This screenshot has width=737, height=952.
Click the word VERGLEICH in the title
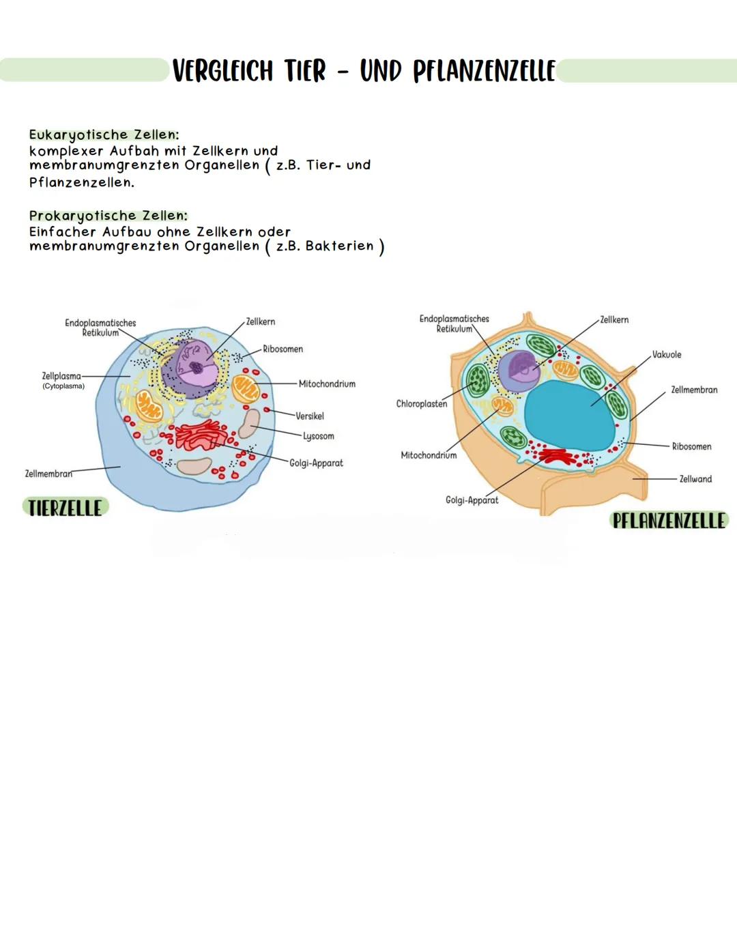(222, 70)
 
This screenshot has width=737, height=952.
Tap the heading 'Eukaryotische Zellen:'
(104, 134)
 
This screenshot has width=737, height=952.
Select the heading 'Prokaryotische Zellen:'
(108, 216)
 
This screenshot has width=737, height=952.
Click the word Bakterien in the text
(339, 246)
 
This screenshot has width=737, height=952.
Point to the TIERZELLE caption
(66, 508)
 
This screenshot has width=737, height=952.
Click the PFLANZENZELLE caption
(669, 521)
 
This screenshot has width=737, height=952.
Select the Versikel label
(310, 416)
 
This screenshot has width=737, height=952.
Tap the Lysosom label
(319, 436)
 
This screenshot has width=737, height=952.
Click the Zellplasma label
(61, 376)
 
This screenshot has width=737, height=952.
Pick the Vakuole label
(667, 355)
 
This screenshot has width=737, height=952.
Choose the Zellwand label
(695, 479)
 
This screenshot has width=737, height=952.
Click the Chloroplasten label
(422, 404)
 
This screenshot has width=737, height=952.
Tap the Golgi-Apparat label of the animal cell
(316, 463)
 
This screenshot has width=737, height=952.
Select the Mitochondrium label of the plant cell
(429, 455)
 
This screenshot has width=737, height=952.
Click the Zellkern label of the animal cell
(261, 321)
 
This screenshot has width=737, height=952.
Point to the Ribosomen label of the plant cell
(691, 446)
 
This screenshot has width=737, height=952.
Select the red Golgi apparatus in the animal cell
(201, 435)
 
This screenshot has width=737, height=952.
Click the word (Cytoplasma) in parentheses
(63, 386)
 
